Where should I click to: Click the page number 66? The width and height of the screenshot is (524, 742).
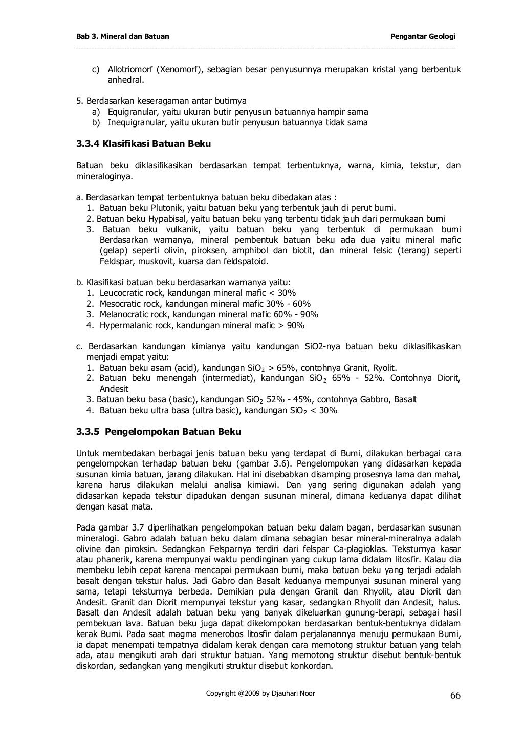point(455,695)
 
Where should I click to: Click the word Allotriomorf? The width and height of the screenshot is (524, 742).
point(129,70)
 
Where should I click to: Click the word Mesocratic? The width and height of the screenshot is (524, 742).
point(121,304)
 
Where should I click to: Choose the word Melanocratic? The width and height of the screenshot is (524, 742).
point(124,314)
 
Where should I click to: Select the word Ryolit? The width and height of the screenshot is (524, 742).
point(385,368)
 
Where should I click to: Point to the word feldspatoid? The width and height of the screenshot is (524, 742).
point(245,262)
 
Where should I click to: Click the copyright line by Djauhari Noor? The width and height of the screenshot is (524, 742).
point(260,693)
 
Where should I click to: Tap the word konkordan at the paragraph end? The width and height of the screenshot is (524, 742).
point(312,666)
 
